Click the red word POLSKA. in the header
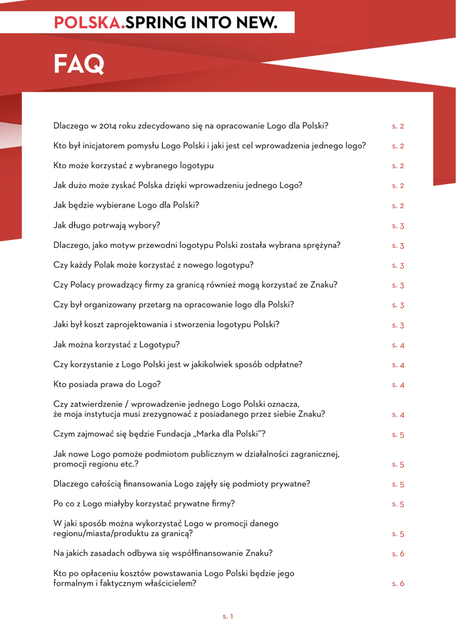[89, 23]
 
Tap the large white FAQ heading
[79, 64]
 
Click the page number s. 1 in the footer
[228, 616]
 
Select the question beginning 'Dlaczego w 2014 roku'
[191, 126]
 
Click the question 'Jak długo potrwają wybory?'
[107, 225]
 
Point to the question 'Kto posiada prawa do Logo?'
[107, 384]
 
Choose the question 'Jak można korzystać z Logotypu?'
[117, 345]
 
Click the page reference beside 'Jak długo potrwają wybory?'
[398, 226]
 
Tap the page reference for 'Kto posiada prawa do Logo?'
[398, 385]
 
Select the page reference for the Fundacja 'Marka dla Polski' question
[398, 435]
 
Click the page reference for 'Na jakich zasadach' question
[398, 553]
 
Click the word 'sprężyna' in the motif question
[322, 245]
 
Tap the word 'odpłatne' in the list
[284, 365]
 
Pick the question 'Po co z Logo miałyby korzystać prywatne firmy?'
[144, 504]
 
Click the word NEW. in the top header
[257, 23]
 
